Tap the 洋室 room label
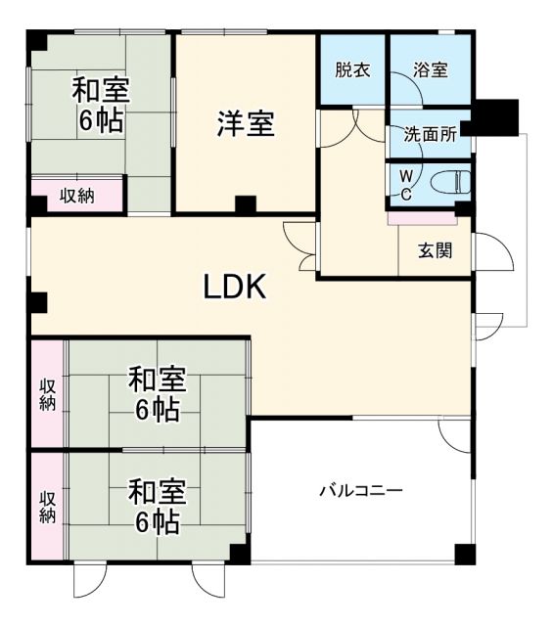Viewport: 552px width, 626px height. (x=245, y=125)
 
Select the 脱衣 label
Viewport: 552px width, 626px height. (x=351, y=70)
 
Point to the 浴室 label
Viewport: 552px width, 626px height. (x=430, y=70)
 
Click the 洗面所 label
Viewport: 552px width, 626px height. (x=430, y=136)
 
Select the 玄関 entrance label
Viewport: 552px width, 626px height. (x=436, y=250)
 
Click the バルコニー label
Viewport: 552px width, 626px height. (x=360, y=490)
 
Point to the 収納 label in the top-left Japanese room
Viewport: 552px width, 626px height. (x=77, y=196)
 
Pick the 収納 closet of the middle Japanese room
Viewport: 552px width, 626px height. (x=47, y=393)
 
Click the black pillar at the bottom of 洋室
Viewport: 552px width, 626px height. (x=245, y=205)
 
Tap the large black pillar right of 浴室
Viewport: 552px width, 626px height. (x=494, y=117)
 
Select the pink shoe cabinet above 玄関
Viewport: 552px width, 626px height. (x=421, y=217)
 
